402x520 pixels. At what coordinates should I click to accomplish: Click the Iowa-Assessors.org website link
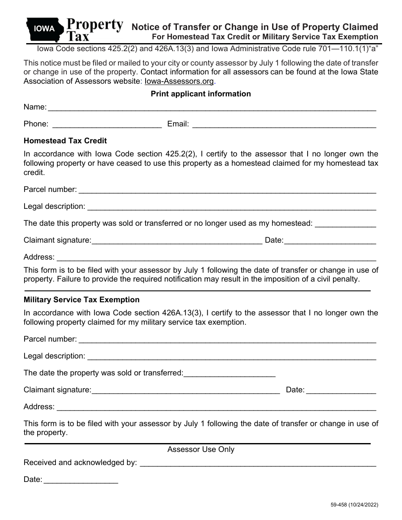(179, 81)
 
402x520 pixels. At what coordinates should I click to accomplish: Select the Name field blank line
(212, 108)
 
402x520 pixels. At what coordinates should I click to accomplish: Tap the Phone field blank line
(106, 125)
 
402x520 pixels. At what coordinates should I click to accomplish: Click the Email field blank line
(284, 125)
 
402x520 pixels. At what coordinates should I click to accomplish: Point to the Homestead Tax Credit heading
(65, 141)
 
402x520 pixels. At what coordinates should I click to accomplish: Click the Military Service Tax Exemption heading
(81, 300)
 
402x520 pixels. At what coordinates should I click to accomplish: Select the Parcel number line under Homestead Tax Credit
(227, 191)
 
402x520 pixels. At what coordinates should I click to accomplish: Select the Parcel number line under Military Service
(227, 340)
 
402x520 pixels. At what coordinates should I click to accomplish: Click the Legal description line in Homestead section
(231, 208)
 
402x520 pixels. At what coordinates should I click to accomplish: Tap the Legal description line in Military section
(231, 357)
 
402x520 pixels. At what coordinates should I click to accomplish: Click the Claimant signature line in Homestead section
(177, 241)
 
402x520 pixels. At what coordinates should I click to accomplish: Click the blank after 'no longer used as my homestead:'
(346, 224)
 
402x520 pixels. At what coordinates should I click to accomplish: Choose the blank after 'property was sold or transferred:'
(229, 374)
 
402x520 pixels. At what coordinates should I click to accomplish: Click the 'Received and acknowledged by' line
(258, 464)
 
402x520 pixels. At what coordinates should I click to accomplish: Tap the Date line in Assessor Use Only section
(80, 481)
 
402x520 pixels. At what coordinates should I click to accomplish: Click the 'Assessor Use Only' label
(201, 449)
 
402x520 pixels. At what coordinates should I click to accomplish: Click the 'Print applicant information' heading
(201, 94)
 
